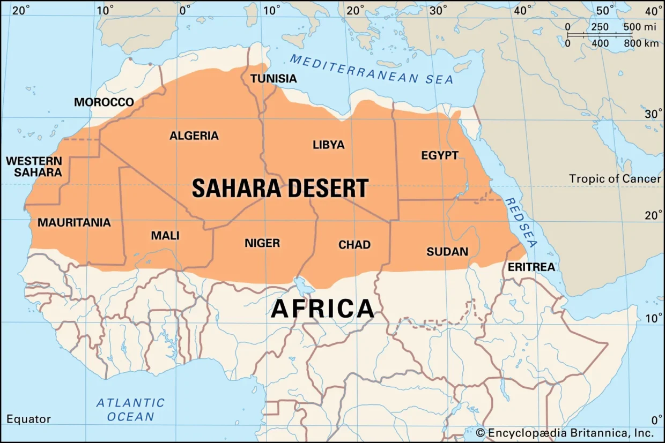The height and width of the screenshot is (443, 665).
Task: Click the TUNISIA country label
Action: click(274, 79)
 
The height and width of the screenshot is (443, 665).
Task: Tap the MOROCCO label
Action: click(104, 102)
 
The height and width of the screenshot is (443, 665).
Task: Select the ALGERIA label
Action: click(194, 136)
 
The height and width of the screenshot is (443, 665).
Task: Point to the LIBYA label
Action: click(328, 145)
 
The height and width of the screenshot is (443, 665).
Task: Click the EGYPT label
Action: click(440, 155)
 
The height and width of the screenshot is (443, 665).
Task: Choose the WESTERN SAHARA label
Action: click(34, 167)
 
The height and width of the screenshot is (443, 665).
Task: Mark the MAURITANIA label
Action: click(74, 222)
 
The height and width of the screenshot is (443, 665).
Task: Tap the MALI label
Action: click(165, 236)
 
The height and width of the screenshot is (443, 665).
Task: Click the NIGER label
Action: click(262, 243)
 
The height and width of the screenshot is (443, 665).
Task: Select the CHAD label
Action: click(354, 245)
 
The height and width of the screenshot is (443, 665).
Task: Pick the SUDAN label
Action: click(447, 251)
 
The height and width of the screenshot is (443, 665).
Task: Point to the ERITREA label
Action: click(530, 267)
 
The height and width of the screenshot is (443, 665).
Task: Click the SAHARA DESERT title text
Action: click(280, 189)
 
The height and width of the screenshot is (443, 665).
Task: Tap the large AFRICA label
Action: click(322, 309)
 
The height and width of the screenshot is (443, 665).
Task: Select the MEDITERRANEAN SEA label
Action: click(371, 69)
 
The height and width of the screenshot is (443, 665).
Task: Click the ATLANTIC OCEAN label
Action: click(130, 410)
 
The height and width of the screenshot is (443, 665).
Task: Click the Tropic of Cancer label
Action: click(615, 178)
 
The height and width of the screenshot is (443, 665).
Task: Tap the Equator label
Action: click(28, 419)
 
